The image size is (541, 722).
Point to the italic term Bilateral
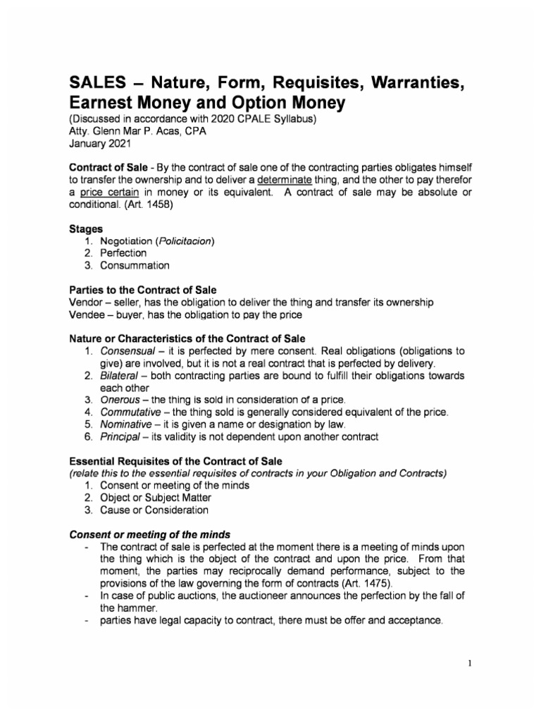point(121,375)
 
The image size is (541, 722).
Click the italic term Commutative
point(132,412)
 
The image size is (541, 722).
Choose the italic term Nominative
point(127,424)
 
